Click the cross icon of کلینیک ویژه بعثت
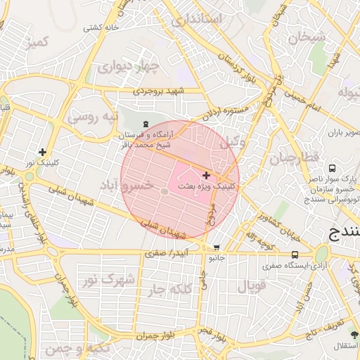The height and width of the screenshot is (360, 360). click(x=205, y=175)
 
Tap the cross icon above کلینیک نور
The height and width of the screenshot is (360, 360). click(x=43, y=152)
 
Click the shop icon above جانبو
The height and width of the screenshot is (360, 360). click(x=216, y=247)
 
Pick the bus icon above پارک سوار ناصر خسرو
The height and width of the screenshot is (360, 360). click(x=332, y=169)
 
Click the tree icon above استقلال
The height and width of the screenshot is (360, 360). click(x=354, y=335)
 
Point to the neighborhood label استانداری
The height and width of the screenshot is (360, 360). click(x=196, y=19)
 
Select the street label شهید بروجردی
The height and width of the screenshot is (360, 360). click(x=160, y=91)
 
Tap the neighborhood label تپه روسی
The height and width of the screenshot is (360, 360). click(x=93, y=117)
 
